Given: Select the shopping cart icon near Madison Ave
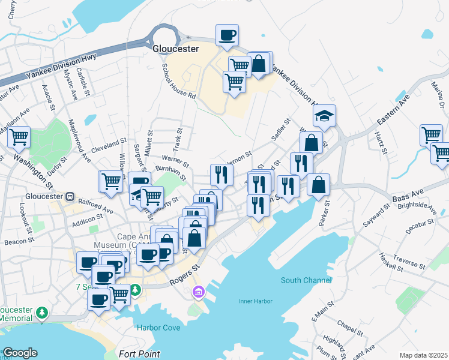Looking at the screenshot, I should (19, 137).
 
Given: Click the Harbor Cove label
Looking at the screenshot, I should (158, 328).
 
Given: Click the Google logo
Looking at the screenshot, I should (20, 353).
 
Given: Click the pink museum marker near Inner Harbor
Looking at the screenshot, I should (197, 293).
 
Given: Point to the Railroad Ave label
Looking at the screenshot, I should (95, 206).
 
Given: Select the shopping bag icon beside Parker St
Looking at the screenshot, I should (319, 185).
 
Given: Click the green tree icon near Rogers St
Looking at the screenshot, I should (136, 290).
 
